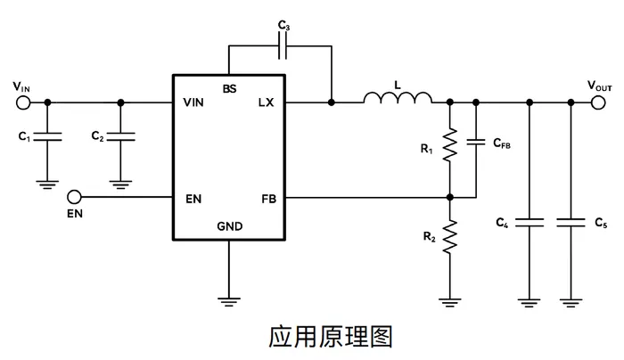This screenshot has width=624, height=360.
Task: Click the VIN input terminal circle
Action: pyautogui.click(x=23, y=102)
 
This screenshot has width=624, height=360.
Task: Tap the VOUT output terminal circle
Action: pyautogui.click(x=598, y=102)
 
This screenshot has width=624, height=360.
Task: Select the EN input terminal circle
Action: pyautogui.click(x=74, y=197)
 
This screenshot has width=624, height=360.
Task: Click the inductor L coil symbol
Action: pyautogui.click(x=398, y=98)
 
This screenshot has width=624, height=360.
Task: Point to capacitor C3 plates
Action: pyautogui.click(x=283, y=46)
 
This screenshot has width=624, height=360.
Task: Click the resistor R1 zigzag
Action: pyautogui.click(x=450, y=144)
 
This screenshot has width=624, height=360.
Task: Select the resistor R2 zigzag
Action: pyautogui.click(x=450, y=237)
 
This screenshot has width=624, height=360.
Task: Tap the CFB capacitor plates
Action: pyautogui.click(x=476, y=142)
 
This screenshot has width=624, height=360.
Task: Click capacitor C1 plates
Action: pyautogui.click(x=47, y=137)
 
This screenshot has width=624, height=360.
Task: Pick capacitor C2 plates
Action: pyautogui.click(x=121, y=137)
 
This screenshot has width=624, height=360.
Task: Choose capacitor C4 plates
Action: pyautogui.click(x=530, y=223)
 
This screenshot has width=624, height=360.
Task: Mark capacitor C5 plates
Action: pyautogui.click(x=571, y=223)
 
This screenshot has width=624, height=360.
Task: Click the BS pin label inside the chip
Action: pyautogui.click(x=230, y=89)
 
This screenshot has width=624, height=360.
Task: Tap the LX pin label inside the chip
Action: pyautogui.click(x=266, y=102)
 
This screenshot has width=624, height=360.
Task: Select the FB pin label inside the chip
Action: pyautogui.click(x=269, y=199)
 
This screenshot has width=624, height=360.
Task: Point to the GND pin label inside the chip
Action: pyautogui.click(x=230, y=226)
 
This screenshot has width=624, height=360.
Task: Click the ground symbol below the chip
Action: pyautogui.click(x=229, y=302)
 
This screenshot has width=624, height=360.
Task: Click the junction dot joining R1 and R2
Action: pyautogui.click(x=450, y=197)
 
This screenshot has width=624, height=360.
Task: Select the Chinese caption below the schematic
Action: pyautogui.click(x=331, y=337)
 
